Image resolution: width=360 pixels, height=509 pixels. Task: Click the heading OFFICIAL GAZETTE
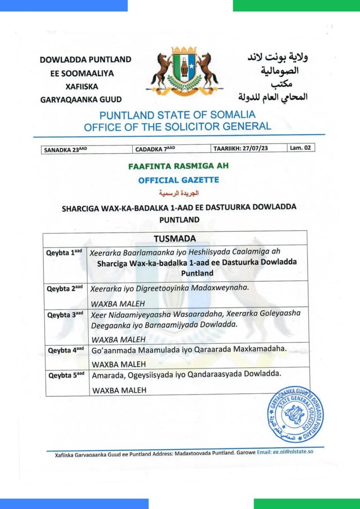coord(179,180)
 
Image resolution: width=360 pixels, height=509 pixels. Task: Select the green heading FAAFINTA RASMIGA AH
coord(179,166)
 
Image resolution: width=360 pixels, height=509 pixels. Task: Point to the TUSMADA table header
coord(174,238)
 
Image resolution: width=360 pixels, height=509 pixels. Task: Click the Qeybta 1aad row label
coord(64,253)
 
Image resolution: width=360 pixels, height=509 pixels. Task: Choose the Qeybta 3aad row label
coord(65,314)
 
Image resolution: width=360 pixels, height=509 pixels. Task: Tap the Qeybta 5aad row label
coord(65,375)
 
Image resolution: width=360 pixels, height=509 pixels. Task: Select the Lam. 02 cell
coord(300,148)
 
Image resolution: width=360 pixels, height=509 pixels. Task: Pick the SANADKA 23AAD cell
coord(65,150)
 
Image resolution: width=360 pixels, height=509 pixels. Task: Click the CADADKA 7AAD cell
coord(155,149)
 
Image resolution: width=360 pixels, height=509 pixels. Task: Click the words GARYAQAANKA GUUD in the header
coord(81,99)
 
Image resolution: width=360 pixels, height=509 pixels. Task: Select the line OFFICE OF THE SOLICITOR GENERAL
coord(177,127)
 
